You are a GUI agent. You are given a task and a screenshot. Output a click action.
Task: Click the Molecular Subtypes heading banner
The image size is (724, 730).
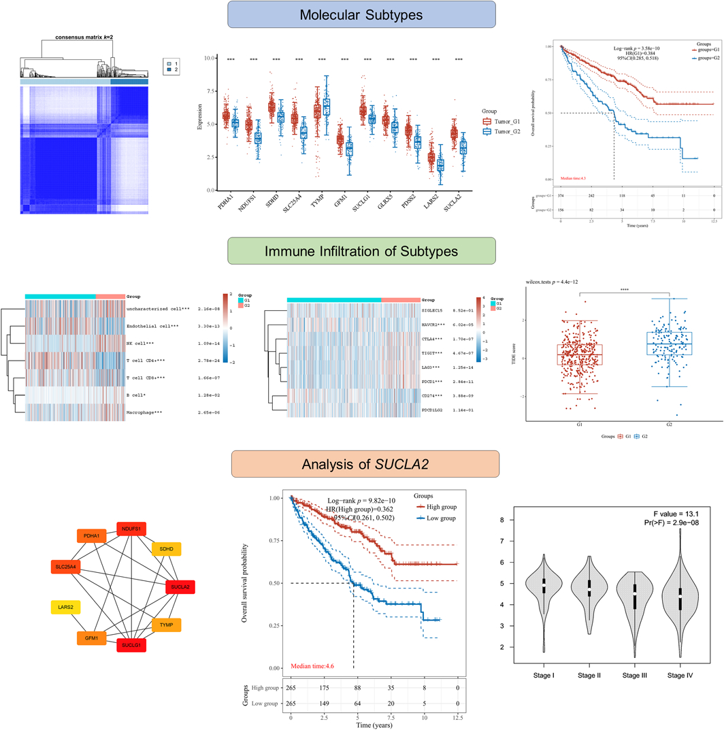pyautogui.click(x=361, y=14)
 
